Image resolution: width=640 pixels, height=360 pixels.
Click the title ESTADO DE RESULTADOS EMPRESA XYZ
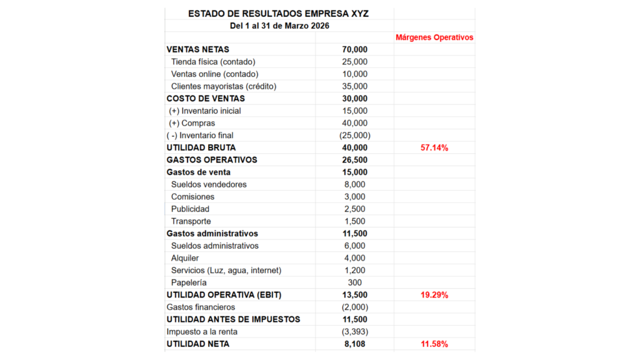(x=279, y=13)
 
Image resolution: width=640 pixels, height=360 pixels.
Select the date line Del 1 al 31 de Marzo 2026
(x=279, y=26)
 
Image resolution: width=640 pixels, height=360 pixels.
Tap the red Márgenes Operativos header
(x=434, y=37)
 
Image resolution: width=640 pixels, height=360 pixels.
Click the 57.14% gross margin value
(x=434, y=147)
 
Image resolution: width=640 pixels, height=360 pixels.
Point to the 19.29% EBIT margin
(x=434, y=295)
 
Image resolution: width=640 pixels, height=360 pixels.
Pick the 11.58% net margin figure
(x=434, y=344)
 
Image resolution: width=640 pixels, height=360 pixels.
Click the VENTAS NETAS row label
(x=197, y=49)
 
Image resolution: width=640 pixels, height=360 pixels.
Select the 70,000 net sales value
(x=354, y=49)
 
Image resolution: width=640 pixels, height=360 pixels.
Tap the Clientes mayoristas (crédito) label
(x=223, y=86)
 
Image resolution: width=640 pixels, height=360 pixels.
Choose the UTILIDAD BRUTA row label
(x=201, y=147)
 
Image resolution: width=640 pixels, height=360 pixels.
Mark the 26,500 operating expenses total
(x=354, y=160)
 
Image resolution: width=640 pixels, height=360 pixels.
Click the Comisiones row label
(x=192, y=197)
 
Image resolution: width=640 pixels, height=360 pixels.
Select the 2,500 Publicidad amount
(x=354, y=209)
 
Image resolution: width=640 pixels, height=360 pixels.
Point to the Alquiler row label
(x=185, y=258)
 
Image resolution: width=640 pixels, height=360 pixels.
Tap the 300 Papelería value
(x=354, y=282)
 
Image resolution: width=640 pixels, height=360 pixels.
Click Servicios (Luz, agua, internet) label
(x=226, y=270)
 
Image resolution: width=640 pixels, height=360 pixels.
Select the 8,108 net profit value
(x=354, y=344)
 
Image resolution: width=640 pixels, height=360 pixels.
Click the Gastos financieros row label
(x=201, y=307)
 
